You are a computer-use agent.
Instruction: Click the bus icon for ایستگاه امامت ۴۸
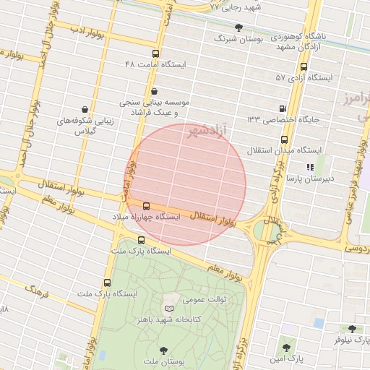(156, 53)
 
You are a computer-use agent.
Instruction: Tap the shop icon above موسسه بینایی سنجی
(155, 91)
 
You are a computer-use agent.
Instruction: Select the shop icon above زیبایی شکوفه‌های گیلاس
(85, 110)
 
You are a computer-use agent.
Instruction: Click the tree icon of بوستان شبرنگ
(238, 27)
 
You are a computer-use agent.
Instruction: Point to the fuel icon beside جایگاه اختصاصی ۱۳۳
(282, 108)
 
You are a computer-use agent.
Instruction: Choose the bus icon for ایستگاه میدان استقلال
(283, 140)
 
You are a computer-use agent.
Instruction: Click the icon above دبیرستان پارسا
(310, 167)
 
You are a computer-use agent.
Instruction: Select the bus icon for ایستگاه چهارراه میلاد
(147, 206)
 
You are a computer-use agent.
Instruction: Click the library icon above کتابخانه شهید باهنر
(171, 308)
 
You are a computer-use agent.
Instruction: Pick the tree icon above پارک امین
(288, 348)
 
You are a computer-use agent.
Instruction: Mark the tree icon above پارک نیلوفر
(351, 328)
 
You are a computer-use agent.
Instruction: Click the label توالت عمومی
(208, 298)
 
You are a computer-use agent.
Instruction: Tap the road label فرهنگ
(37, 291)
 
